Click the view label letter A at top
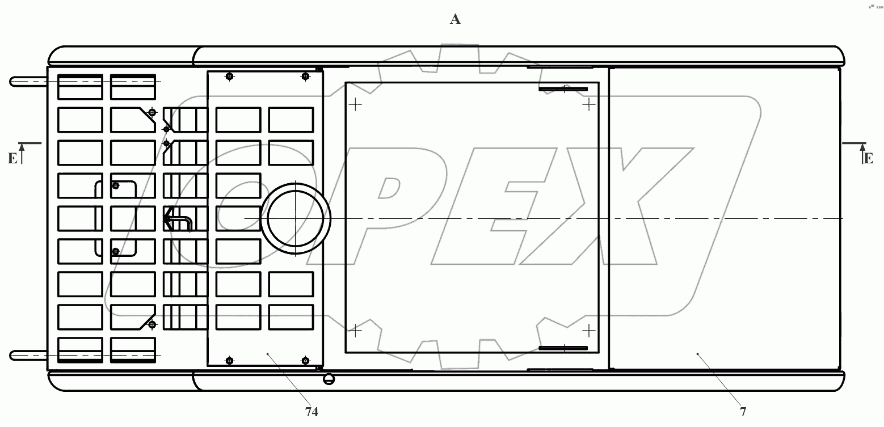point(455,19)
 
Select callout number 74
point(311,412)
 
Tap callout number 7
point(743,412)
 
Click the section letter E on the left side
point(12,159)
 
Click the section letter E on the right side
point(868,159)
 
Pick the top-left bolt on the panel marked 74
point(230,77)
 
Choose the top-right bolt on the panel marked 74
point(305,77)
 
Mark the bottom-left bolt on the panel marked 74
point(230,360)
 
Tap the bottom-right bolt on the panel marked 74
point(305,360)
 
